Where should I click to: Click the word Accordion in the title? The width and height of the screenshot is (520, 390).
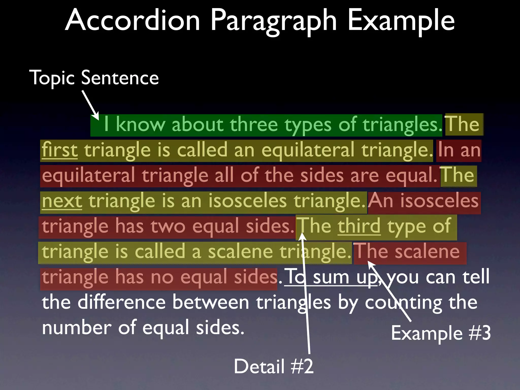(133, 20)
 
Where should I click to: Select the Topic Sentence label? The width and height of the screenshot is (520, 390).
(94, 78)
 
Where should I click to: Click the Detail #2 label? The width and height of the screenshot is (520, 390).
(273, 366)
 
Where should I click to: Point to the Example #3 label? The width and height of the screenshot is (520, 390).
(441, 333)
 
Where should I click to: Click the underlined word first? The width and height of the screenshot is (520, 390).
(60, 150)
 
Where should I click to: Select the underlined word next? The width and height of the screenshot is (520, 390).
(62, 201)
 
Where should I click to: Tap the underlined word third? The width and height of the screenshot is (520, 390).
(359, 226)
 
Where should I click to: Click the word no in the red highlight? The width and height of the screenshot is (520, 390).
(162, 277)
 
